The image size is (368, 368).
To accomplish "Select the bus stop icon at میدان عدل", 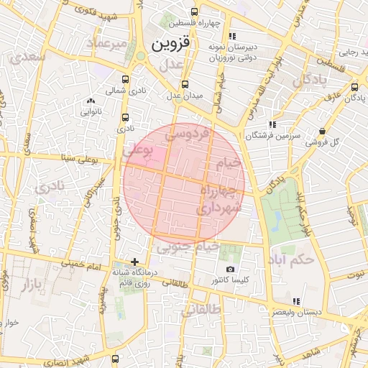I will pos(186,83).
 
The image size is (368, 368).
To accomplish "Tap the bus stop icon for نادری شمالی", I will pos(126,80).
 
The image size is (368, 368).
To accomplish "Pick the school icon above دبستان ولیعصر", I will pos(295,301).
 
